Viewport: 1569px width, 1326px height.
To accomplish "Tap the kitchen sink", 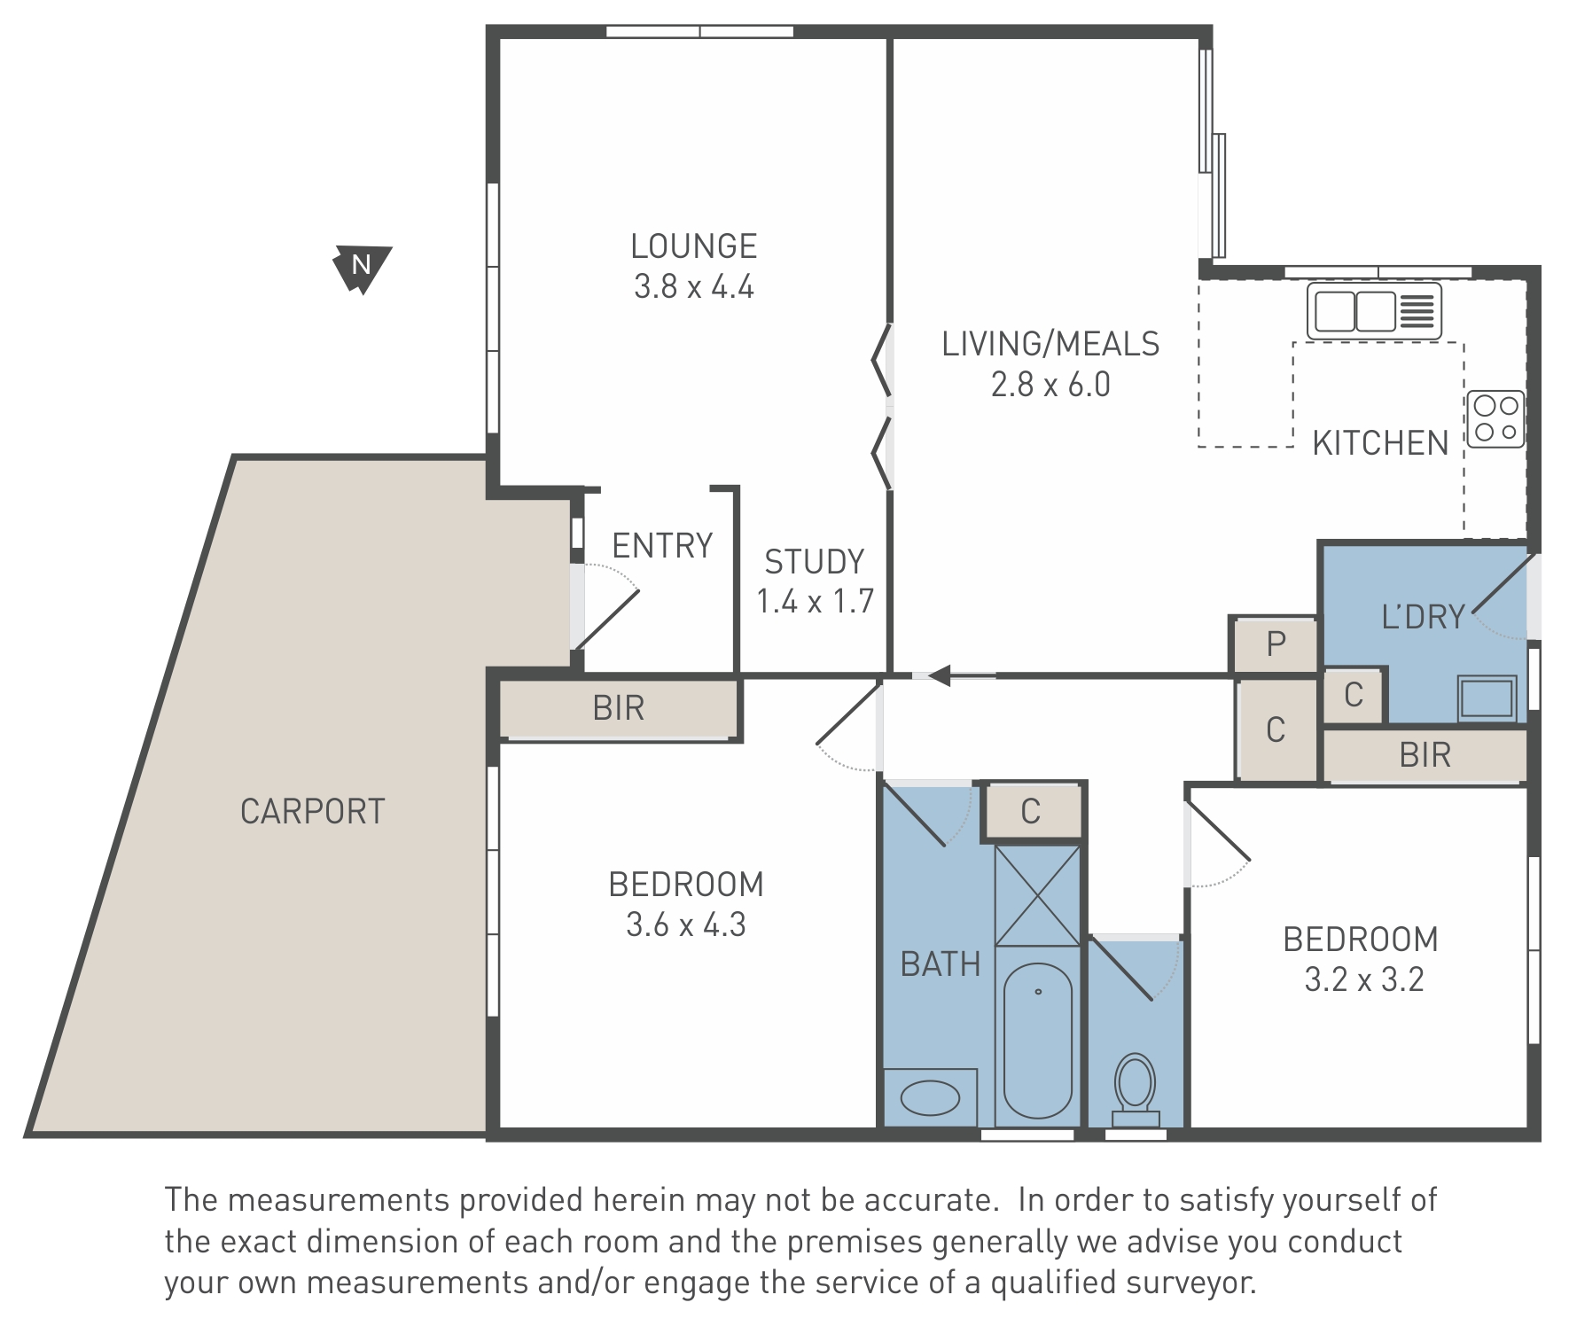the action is click(1375, 311).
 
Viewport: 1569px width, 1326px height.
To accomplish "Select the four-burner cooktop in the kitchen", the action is click(1496, 419).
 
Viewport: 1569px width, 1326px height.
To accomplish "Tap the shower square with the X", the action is click(1038, 895).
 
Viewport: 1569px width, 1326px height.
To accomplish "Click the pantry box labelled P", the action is click(1276, 643).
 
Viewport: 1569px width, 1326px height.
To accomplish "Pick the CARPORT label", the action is click(313, 812).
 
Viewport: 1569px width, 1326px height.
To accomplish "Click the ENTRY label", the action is click(662, 546).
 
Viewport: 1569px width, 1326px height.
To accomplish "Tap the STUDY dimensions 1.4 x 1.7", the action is click(816, 602).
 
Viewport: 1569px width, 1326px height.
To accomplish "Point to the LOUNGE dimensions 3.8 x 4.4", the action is click(694, 287).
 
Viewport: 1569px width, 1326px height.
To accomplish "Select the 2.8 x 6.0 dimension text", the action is click(1050, 385).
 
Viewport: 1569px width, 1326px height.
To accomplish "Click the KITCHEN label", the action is click(1380, 443).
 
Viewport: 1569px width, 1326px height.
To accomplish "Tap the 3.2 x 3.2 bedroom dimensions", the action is click(1364, 979).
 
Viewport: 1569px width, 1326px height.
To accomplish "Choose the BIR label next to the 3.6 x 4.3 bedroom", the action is click(619, 708).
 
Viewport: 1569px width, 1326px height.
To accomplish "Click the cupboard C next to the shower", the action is click(1031, 811).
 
